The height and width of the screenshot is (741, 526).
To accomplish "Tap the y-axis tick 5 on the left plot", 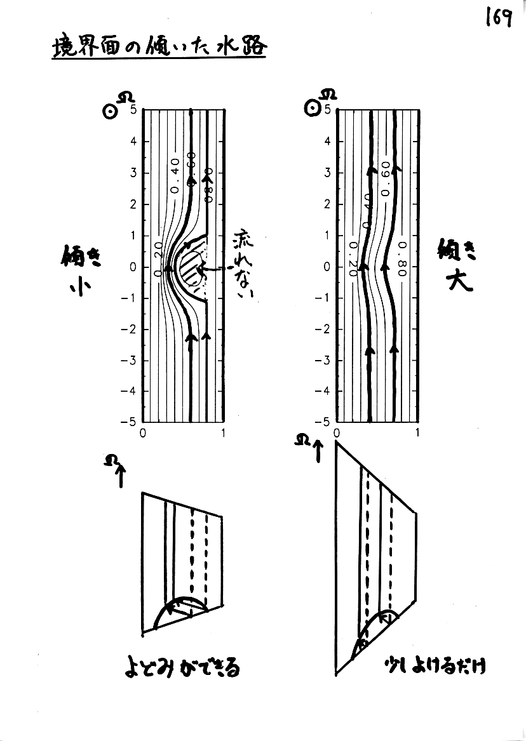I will (134, 110).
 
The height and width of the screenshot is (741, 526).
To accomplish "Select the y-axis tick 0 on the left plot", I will (134, 267).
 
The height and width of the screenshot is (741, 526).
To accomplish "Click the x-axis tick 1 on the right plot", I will (417, 434).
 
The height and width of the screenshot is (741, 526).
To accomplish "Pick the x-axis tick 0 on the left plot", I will (142, 434).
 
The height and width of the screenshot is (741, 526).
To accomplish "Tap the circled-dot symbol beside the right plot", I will (311, 109).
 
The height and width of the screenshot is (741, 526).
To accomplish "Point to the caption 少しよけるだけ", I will (438, 667).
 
